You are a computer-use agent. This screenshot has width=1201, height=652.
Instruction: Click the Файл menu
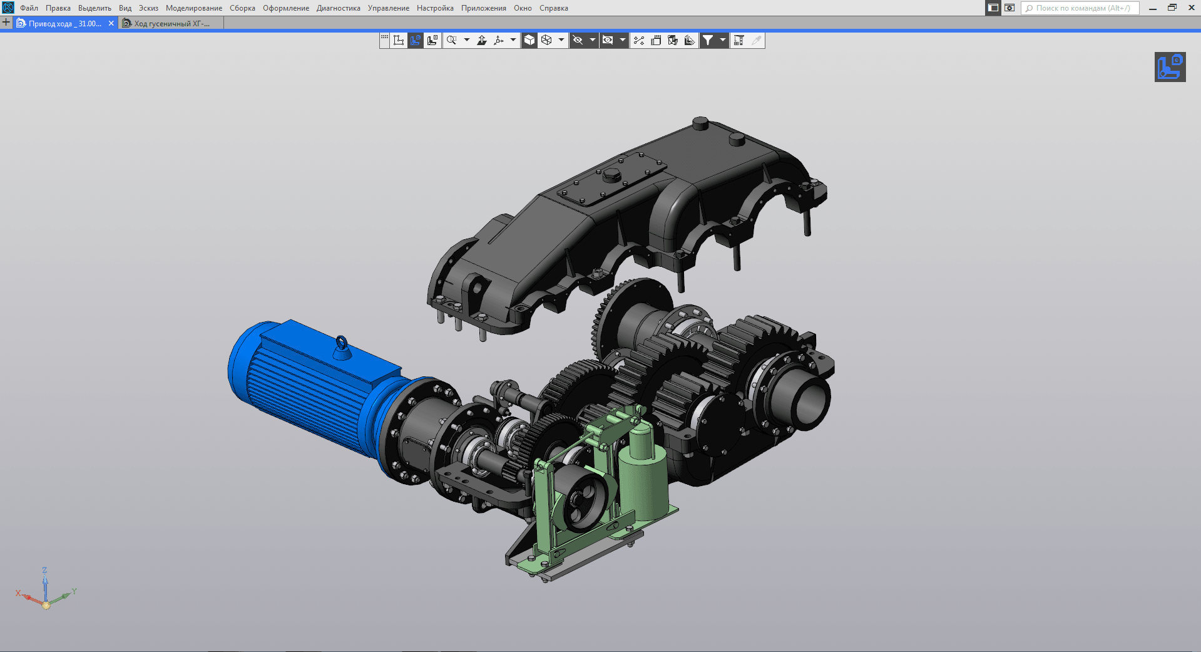pos(29,8)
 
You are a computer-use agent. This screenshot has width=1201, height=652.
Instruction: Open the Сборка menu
pos(242,8)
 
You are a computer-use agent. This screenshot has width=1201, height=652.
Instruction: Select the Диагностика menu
pos(338,8)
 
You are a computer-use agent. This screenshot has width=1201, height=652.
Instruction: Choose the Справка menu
pos(554,8)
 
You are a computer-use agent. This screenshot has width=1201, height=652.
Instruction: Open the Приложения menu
pos(484,8)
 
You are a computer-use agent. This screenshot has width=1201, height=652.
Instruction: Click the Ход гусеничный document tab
pos(171,23)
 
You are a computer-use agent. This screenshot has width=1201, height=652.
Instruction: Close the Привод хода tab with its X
pos(111,23)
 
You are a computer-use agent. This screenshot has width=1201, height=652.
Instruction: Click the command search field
pos(1081,8)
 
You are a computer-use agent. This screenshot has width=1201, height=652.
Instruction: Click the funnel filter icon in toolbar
pos(708,40)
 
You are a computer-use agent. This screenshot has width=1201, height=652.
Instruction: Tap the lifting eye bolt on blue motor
pos(342,346)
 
